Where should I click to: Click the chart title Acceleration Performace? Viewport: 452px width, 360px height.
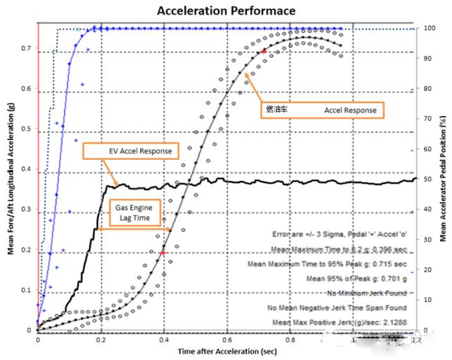[x=226, y=11]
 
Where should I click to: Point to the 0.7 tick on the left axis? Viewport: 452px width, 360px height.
[x=25, y=49]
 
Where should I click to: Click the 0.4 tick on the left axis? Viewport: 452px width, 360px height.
[x=25, y=170]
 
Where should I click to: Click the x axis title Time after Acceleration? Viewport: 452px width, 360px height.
[x=226, y=351]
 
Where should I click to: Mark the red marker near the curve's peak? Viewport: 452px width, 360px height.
[x=263, y=51]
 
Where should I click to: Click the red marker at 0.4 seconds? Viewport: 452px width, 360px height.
[x=163, y=252]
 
